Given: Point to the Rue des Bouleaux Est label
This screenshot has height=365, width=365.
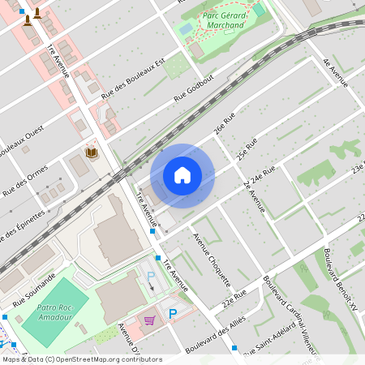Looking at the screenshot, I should click(x=133, y=79).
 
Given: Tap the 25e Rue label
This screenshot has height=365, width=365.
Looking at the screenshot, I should click(x=247, y=148).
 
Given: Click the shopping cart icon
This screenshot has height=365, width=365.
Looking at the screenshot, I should click(x=148, y=320).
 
